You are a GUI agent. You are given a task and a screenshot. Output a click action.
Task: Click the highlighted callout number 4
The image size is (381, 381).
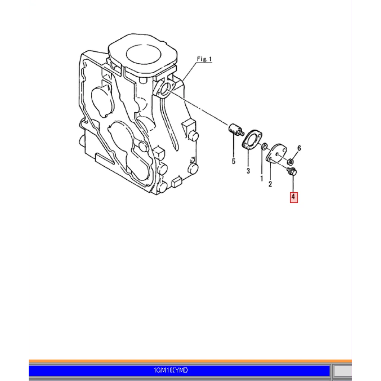click(x=294, y=197)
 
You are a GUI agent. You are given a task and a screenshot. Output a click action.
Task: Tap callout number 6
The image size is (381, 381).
click(x=299, y=148)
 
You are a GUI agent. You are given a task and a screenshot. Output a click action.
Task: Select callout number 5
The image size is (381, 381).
click(x=234, y=161)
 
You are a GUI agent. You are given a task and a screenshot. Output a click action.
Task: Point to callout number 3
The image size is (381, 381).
click(x=248, y=171)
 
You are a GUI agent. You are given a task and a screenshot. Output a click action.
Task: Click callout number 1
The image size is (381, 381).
click(x=262, y=179)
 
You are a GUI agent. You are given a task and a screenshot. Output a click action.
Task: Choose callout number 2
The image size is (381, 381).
click(x=270, y=184)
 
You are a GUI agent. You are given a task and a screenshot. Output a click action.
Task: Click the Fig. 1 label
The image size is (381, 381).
click(x=204, y=59)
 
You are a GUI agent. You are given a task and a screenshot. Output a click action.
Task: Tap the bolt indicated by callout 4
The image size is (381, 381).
click(x=292, y=171)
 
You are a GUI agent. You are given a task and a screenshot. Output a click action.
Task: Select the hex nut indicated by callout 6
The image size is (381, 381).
click(x=290, y=161)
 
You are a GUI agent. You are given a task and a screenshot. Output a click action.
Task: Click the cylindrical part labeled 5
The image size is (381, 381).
click(x=235, y=129)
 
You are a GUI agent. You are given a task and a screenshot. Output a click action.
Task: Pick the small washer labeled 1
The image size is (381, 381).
click(x=265, y=147)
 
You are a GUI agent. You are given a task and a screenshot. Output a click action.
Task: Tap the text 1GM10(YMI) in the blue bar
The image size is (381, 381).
click(x=171, y=370)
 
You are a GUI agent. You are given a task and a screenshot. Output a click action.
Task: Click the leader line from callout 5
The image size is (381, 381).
click(x=234, y=146)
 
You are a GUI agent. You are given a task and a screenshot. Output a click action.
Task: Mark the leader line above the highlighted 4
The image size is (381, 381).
click(x=293, y=184)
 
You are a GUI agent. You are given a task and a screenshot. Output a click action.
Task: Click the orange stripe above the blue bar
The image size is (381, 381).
click(x=190, y=361)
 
